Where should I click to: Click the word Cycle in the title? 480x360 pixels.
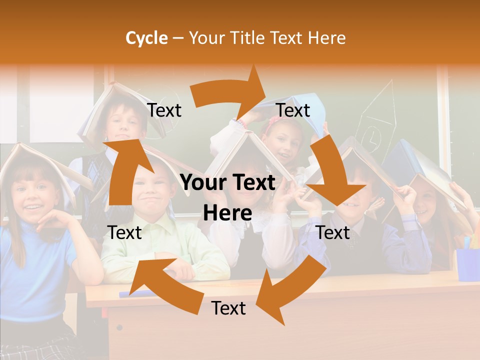coord(146,38)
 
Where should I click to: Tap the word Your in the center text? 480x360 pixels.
coord(204,183)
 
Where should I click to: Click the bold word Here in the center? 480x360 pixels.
coord(227,213)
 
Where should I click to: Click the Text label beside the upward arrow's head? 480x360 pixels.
coord(164,110)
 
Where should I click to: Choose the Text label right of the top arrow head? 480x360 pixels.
coord(293,110)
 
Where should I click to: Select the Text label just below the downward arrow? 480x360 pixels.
coord(333,232)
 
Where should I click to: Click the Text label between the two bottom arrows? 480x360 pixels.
coord(228,308)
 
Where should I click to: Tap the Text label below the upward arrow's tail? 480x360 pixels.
coord(124,232)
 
